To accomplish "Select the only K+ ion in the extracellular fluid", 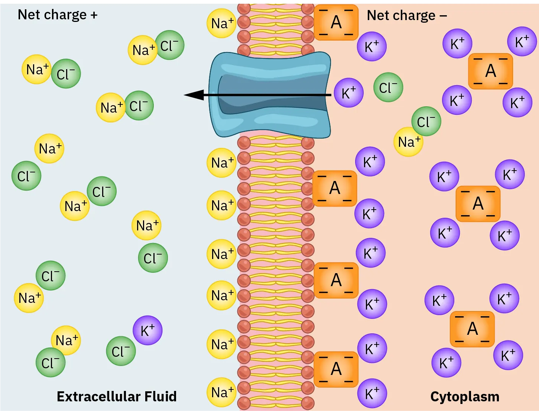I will [x=147, y=330].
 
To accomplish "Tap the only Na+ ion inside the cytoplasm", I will [x=408, y=142].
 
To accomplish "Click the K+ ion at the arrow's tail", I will [x=348, y=93].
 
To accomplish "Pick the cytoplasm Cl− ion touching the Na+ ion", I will [x=426, y=122].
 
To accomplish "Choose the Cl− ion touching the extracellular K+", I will [x=121, y=351].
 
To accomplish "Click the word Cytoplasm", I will [x=465, y=397].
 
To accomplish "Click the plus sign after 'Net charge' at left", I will [x=94, y=15].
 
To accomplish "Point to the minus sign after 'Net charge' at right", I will [x=443, y=16].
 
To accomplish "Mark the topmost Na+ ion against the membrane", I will [x=222, y=23].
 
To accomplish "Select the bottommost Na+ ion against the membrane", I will [x=222, y=392].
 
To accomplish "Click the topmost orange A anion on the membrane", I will [x=336, y=22].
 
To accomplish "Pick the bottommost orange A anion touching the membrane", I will [x=336, y=369].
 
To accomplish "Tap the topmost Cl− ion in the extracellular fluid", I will [x=169, y=45].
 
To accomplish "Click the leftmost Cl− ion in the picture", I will [x=26, y=176].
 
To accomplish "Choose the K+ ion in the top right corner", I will [x=522, y=42].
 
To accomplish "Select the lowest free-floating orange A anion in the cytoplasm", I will [x=472, y=329].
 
